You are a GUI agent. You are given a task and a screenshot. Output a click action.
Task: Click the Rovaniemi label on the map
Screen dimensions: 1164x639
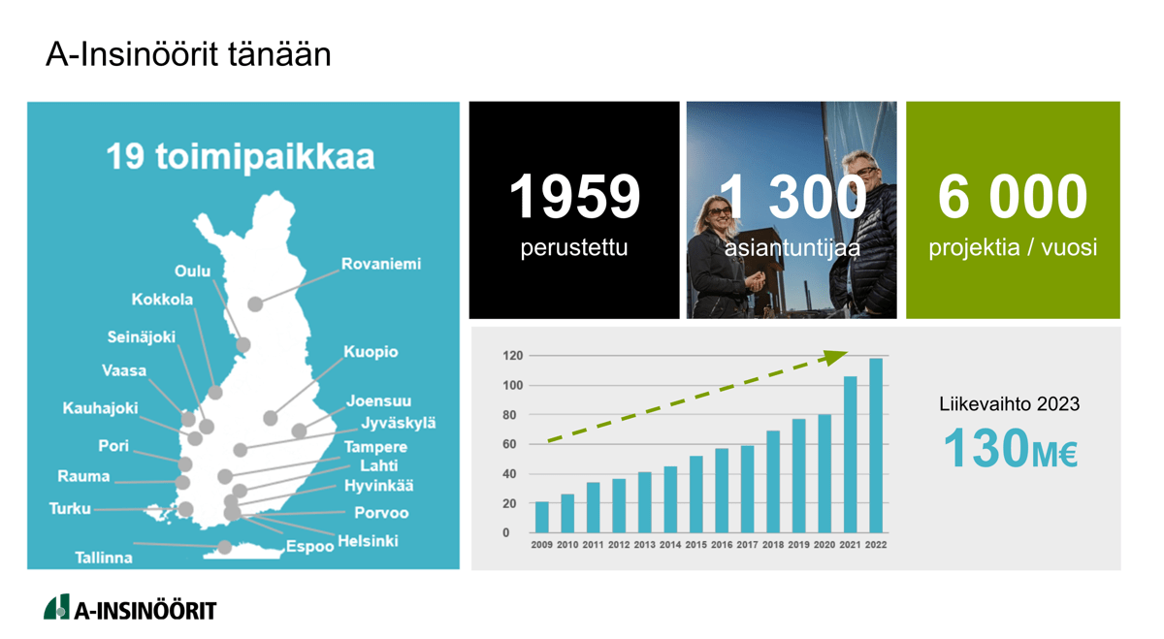point(381,264)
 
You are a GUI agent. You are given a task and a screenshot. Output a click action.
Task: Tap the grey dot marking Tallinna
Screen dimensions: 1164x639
point(224,547)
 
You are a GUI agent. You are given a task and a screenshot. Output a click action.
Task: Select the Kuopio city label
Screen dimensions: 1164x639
point(371,352)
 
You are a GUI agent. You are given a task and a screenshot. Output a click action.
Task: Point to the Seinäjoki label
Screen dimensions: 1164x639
point(142,337)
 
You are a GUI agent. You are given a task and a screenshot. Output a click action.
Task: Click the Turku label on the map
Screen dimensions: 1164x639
point(70,508)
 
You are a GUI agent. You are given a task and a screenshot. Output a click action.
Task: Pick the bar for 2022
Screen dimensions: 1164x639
point(876,445)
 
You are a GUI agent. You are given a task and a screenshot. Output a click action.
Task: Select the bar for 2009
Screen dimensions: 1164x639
point(542,517)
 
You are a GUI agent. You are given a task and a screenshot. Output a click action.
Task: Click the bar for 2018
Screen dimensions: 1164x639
point(773,482)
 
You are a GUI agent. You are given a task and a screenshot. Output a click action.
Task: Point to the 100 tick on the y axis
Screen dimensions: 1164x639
point(513,386)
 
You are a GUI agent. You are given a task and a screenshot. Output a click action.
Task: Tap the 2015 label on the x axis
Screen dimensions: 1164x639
point(695,545)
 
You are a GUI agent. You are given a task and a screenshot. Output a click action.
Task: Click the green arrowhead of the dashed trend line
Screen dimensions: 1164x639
point(834,357)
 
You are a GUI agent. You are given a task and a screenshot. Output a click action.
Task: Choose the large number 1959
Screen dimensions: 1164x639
point(574,197)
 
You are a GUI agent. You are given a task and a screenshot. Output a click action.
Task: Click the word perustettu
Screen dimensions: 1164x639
point(574,248)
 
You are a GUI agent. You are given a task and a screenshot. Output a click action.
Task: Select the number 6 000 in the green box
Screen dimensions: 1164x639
point(1013,197)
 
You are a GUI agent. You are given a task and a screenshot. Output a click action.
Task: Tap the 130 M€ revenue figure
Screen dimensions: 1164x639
point(1011,448)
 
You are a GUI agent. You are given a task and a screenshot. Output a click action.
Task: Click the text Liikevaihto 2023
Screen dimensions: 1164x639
point(1009,404)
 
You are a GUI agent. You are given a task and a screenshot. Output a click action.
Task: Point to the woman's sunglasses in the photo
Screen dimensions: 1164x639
point(719,212)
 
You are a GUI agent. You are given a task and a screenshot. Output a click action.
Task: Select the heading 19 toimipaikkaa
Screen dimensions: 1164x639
point(241,156)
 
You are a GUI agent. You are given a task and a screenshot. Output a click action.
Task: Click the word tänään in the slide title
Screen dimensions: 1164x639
point(279,54)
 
